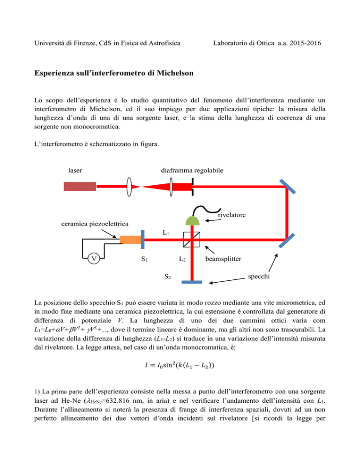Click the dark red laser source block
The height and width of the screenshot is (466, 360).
tap(80, 186)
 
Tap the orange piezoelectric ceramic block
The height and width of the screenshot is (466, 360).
tap(130, 240)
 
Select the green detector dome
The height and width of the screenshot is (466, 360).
tap(192, 220)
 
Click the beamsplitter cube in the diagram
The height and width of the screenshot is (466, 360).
tap(191, 240)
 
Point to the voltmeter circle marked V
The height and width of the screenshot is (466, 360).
tap(94, 259)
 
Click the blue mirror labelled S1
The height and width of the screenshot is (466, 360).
tap(142, 239)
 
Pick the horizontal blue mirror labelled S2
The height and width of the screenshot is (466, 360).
tap(192, 282)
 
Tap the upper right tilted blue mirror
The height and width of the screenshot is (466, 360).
tap(287, 187)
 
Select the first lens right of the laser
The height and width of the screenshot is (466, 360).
tap(129, 187)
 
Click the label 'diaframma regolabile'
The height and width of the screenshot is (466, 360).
tap(192, 170)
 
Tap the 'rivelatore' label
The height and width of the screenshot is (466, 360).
tap(232, 215)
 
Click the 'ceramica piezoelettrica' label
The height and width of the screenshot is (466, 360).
tap(95, 224)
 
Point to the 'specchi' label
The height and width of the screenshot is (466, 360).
tap(259, 277)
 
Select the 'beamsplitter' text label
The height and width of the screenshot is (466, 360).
tap(223, 259)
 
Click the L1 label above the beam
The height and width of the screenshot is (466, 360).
tap(166, 233)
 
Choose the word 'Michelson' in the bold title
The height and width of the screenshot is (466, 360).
tap(175, 73)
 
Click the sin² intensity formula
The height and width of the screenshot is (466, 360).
tap(180, 365)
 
